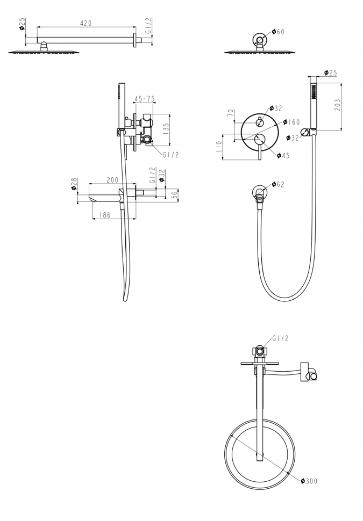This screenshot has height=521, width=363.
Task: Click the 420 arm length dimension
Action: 86,23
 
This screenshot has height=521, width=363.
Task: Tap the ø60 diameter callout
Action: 278,32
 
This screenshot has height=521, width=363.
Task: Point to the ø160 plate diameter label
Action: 291,122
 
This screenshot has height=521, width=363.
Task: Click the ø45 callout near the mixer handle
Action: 283,155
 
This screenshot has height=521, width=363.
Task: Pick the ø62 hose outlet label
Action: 278,184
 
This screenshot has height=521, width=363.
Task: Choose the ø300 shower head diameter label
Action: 309,481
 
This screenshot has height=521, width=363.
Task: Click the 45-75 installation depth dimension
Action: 145,99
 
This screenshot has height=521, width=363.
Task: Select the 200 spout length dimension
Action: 112,180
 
